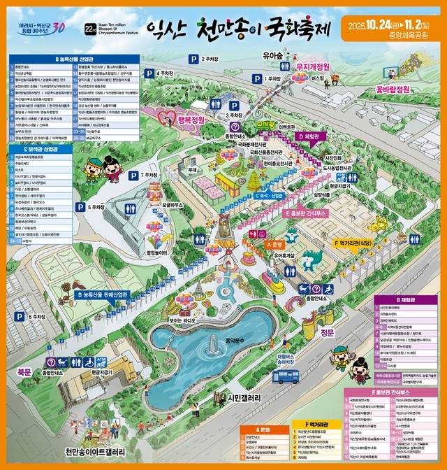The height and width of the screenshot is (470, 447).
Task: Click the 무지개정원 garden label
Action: [302, 67]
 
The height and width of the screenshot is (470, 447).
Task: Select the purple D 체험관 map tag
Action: [309, 136]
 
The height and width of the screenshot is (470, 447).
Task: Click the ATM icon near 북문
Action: [102, 362]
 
